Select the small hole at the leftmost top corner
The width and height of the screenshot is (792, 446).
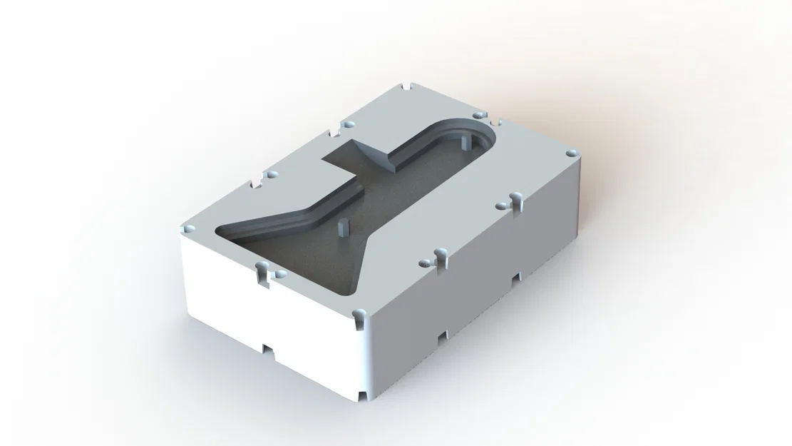[x=189, y=227]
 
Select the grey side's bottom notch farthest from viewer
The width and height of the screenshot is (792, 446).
[x=517, y=278]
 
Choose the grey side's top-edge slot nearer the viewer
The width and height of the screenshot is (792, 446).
[x=440, y=260]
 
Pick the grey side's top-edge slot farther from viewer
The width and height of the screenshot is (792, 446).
[x=516, y=204]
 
